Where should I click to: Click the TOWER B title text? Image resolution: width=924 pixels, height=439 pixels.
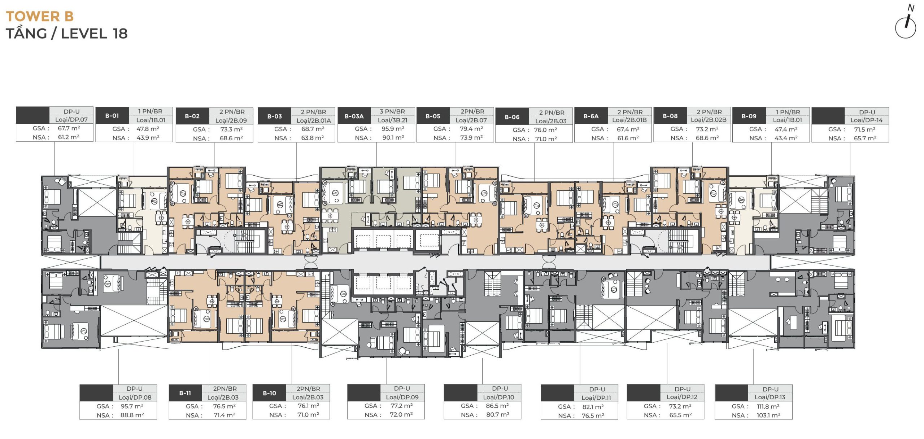coord(40,16)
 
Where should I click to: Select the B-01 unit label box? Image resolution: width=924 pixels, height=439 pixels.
coord(112,116)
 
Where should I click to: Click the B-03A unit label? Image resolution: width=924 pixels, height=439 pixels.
coord(354,116)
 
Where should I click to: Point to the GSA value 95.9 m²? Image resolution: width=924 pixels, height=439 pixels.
coord(393,128)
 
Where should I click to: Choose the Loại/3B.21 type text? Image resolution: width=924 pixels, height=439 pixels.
coord(393,120)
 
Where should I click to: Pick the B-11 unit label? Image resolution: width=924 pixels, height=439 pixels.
coord(185,393)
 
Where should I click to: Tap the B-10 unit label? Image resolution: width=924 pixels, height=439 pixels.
coord(269,393)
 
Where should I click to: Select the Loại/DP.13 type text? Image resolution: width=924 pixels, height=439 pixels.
coord(770,397)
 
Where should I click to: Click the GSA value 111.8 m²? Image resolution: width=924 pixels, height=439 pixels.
coord(768,406)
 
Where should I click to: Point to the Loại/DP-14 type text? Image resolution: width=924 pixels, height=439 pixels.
coord(866,120)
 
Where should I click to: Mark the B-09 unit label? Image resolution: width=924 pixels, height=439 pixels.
coord(749,116)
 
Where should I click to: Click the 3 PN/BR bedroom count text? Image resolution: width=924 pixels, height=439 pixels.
coord(392,111)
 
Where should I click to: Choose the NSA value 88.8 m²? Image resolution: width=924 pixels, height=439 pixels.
coord(132,415)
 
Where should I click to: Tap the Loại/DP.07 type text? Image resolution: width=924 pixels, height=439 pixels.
coord(71,119)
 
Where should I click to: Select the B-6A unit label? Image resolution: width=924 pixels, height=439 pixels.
coord(591,116)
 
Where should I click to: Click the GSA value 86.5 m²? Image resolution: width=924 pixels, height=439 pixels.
coord(497,406)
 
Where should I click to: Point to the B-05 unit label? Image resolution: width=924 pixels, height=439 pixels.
coord(433,116)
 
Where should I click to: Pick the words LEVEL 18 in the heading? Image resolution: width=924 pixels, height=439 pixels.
coord(94,34)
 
